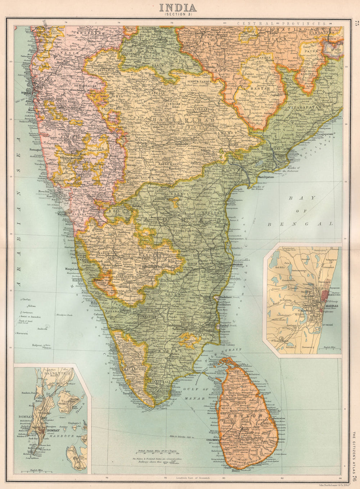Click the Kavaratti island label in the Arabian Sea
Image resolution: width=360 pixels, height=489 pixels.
22,334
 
